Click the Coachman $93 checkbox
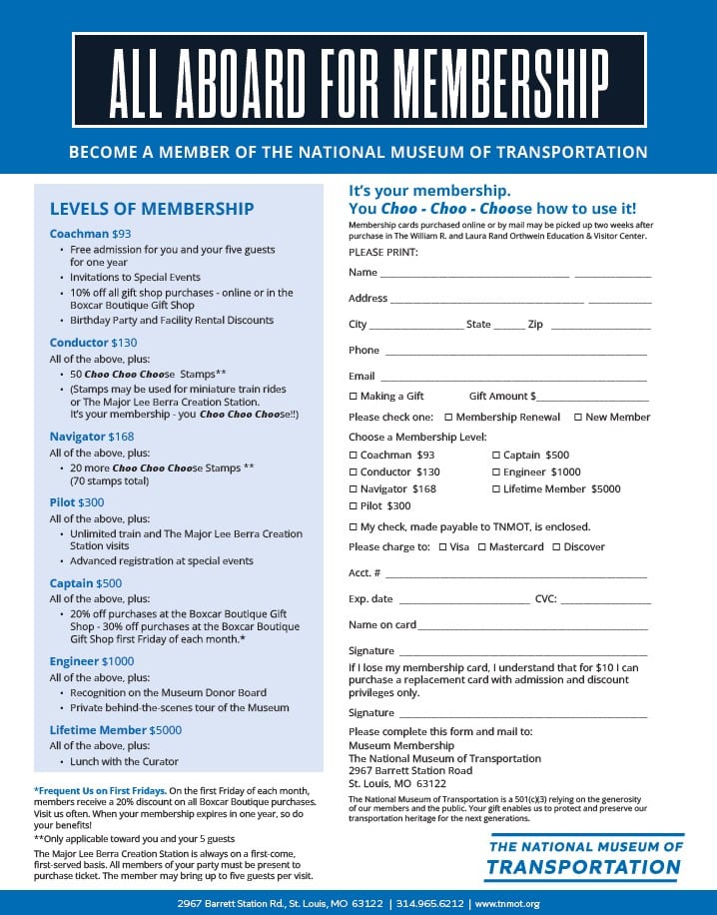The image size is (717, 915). (x=353, y=456)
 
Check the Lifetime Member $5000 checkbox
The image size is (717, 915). (x=495, y=489)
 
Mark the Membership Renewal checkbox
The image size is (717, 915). (x=448, y=418)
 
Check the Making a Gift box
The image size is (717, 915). (x=353, y=397)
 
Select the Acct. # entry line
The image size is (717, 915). (x=515, y=576)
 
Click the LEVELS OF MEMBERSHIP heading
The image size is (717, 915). (x=152, y=209)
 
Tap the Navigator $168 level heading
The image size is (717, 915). (x=92, y=437)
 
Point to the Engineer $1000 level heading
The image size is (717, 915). (x=92, y=661)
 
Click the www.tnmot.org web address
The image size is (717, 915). (x=506, y=903)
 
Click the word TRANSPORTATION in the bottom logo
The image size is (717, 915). (x=583, y=867)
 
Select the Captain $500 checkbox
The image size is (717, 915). (x=495, y=456)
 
